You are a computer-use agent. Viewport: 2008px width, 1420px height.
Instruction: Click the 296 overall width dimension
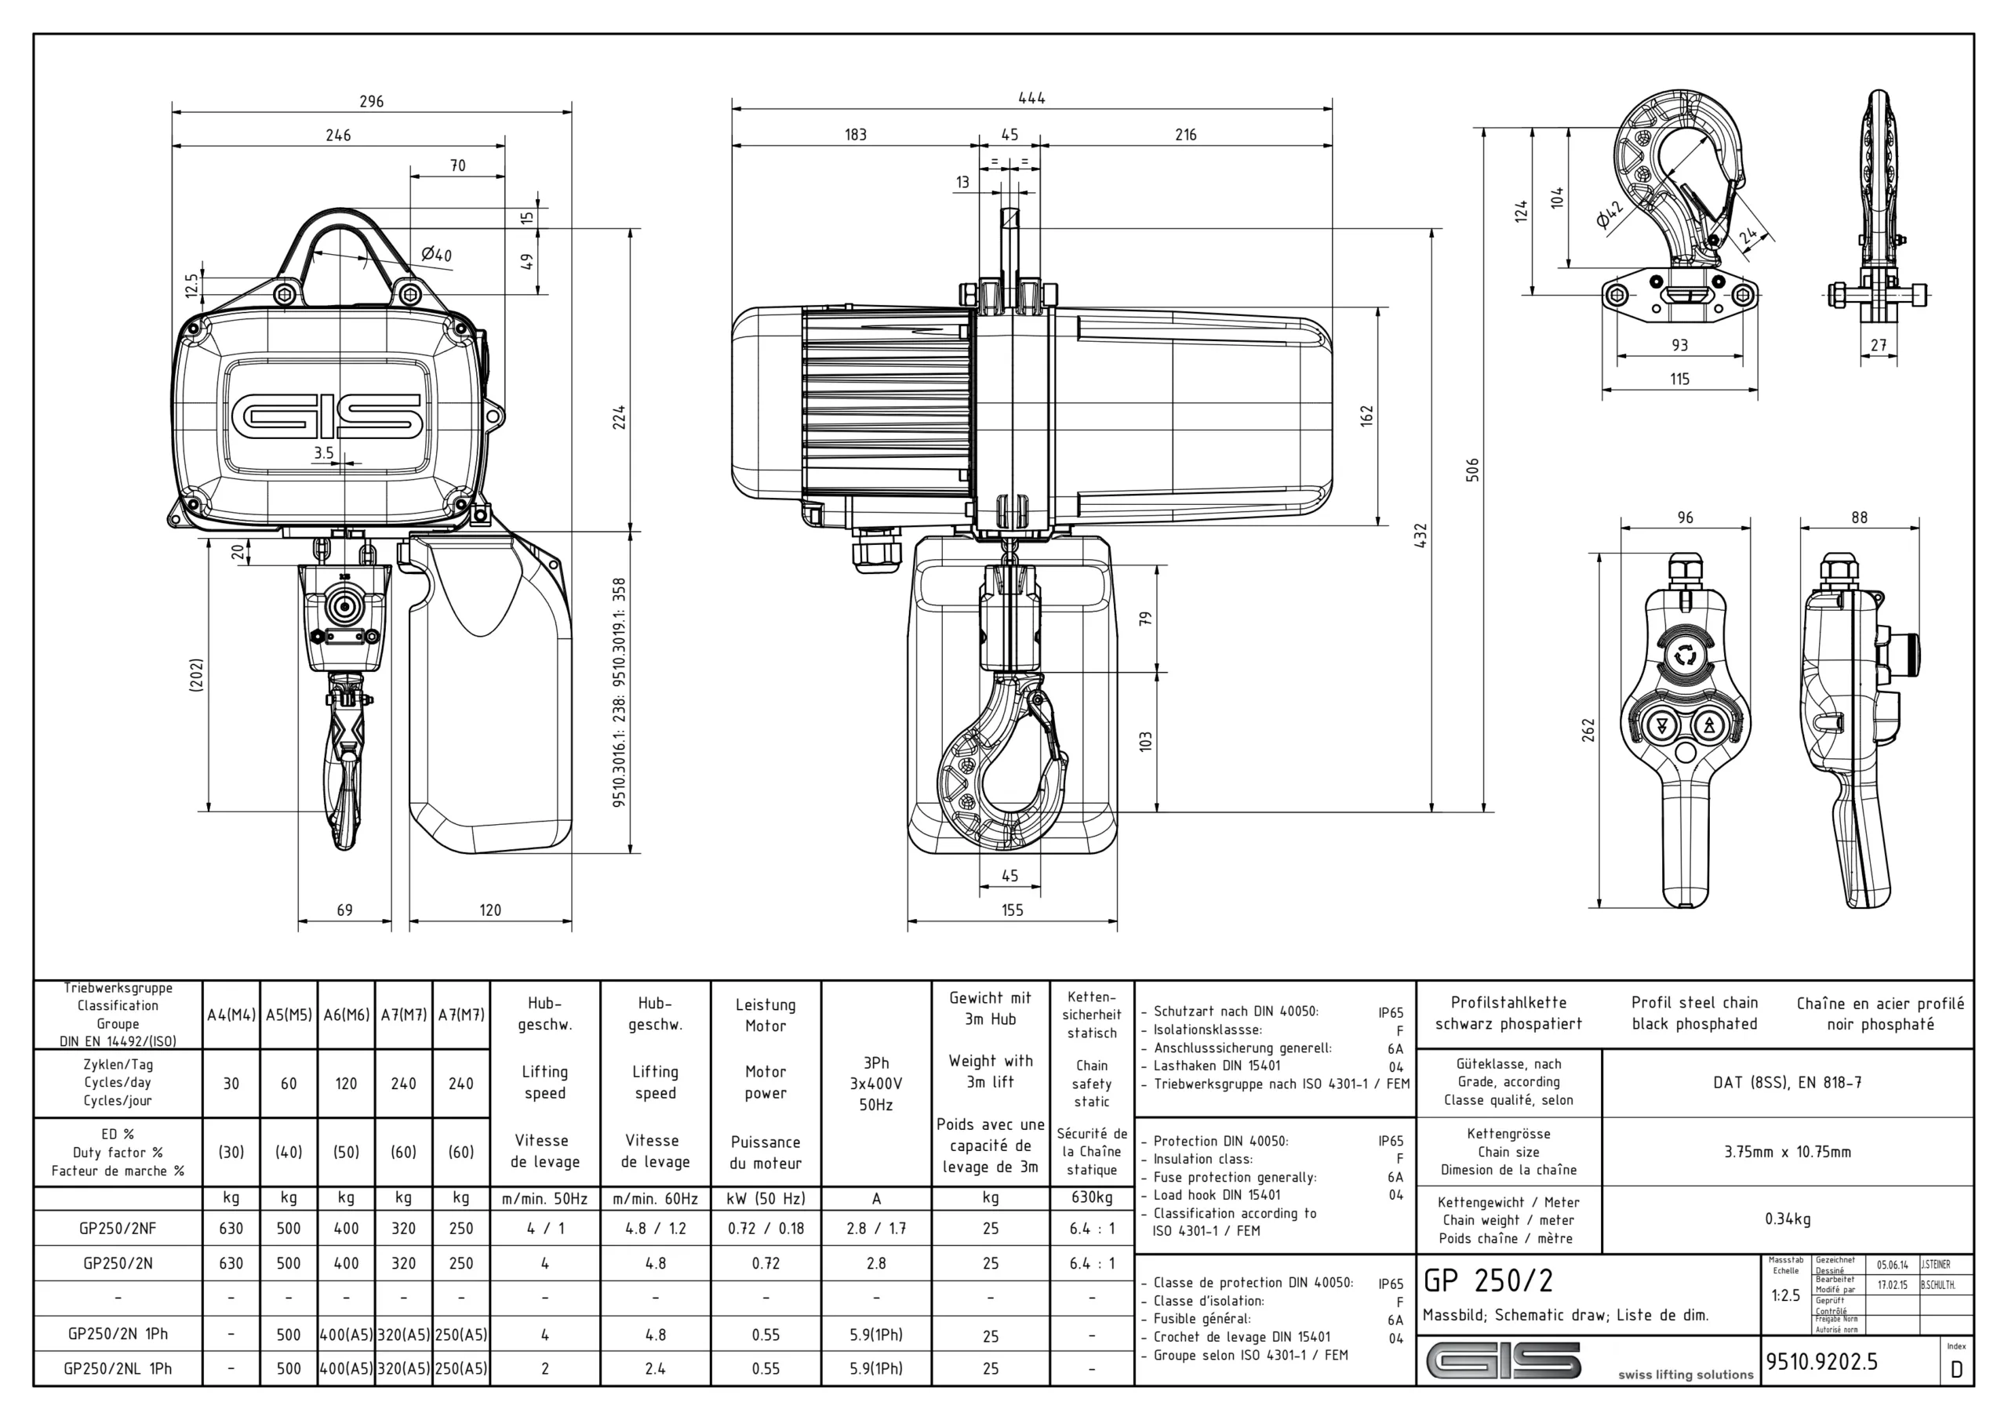click(x=372, y=101)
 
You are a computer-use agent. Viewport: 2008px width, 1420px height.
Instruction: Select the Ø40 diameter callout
click(x=435, y=255)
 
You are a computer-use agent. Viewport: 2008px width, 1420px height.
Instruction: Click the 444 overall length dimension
click(x=1031, y=98)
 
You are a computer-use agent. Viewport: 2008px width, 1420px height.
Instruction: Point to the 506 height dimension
click(x=1472, y=470)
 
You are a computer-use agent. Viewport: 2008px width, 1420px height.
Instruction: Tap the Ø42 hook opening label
click(x=1608, y=213)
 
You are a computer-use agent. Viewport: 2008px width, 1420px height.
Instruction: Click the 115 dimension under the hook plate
click(x=1679, y=380)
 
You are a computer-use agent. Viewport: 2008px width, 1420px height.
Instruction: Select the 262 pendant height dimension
click(x=1588, y=730)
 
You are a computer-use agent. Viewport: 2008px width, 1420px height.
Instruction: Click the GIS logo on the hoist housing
click(x=327, y=416)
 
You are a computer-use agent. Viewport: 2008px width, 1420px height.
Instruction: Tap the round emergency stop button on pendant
click(x=1684, y=655)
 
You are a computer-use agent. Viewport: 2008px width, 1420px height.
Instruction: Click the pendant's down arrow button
click(x=1659, y=726)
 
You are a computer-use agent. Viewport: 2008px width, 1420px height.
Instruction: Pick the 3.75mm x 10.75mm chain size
click(x=1787, y=1152)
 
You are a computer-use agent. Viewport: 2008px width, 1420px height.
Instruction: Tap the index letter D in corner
click(x=1956, y=1370)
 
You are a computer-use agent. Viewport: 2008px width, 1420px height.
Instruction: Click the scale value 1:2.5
click(x=1785, y=1295)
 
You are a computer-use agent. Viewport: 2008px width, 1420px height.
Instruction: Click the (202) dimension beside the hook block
click(x=197, y=675)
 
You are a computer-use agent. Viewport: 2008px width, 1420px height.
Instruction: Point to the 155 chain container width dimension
click(x=1012, y=910)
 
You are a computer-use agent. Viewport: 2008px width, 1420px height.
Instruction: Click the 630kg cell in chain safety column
click(x=1090, y=1198)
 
